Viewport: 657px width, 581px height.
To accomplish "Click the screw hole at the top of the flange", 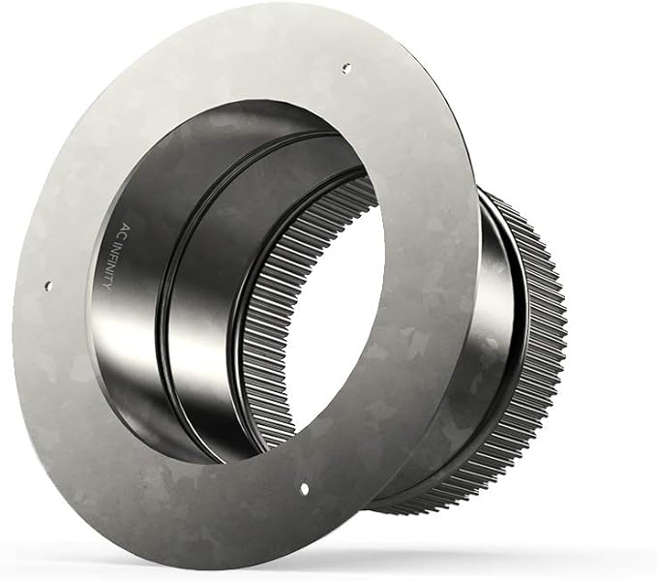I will point(346,68).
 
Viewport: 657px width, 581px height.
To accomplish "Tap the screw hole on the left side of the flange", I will point(48,285).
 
